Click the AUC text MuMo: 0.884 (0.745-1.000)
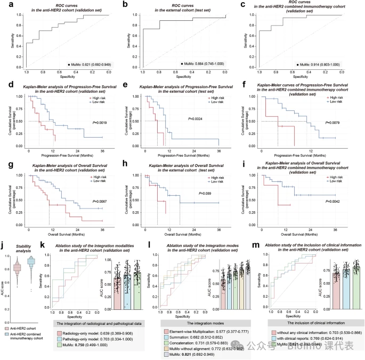(204, 65)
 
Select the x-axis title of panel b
(183, 76)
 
